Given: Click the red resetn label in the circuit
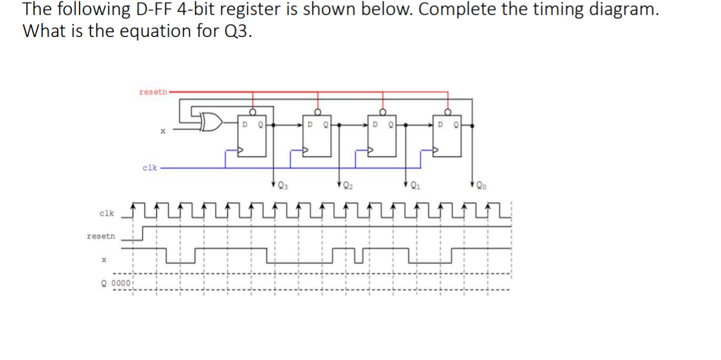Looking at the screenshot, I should coord(152,92).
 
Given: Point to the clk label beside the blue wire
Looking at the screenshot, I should coord(149,167).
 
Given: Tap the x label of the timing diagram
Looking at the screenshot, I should coord(104,259).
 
